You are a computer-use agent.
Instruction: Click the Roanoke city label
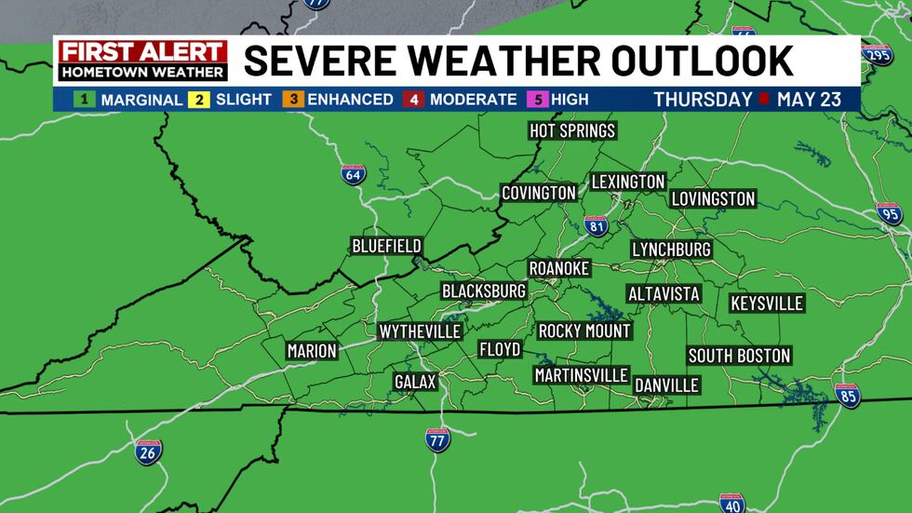pyautogui.click(x=559, y=268)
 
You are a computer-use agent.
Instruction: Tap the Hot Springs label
pyautogui.click(x=572, y=130)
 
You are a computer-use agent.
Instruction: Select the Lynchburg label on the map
pyautogui.click(x=671, y=250)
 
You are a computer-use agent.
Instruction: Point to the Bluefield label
pyautogui.click(x=386, y=246)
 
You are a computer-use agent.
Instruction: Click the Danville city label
pyautogui.click(x=666, y=385)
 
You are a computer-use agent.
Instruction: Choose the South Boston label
pyautogui.click(x=739, y=356)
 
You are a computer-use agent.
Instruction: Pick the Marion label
pyautogui.click(x=312, y=351)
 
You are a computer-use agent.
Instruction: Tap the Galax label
pyautogui.click(x=415, y=382)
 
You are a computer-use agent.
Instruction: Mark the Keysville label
pyautogui.click(x=766, y=304)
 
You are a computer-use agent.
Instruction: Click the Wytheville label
pyautogui.click(x=420, y=331)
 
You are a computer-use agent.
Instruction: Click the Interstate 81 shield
pyautogui.click(x=597, y=225)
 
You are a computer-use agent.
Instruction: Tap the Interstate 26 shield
pyautogui.click(x=148, y=452)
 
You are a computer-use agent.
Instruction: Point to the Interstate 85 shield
pyautogui.click(x=848, y=397)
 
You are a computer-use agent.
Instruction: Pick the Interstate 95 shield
pyautogui.click(x=890, y=214)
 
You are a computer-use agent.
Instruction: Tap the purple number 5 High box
pyautogui.click(x=537, y=99)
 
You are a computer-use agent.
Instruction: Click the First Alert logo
pyautogui.click(x=142, y=61)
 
